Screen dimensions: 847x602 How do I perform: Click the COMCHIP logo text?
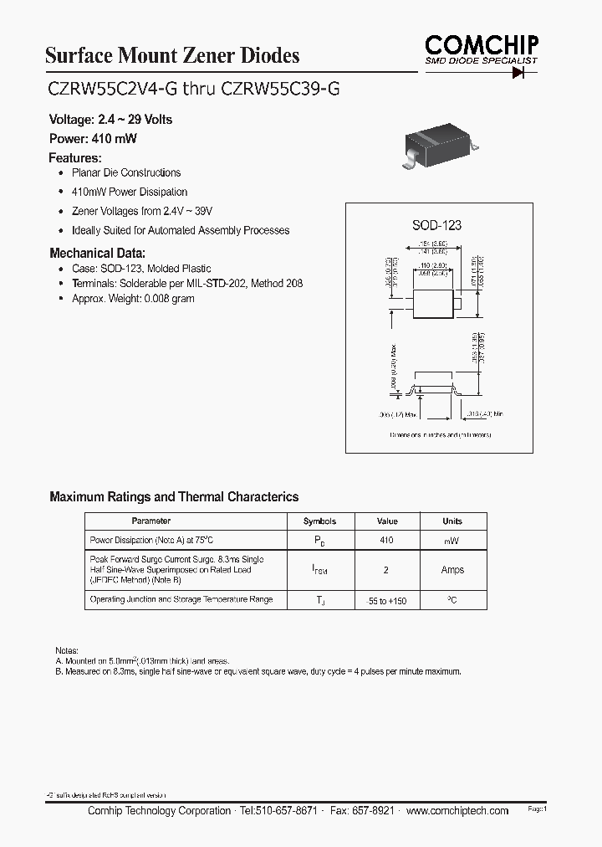(x=481, y=44)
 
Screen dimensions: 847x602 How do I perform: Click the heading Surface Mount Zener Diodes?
(x=171, y=56)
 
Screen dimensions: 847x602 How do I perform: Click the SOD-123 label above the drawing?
(x=436, y=225)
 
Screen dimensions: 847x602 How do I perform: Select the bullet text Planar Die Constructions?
(x=126, y=172)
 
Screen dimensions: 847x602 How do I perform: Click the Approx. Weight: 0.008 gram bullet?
(x=133, y=298)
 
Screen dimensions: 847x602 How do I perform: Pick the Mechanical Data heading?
(x=97, y=253)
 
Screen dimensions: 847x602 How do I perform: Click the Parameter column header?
(x=151, y=521)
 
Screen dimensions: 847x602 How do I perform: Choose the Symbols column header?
(x=319, y=521)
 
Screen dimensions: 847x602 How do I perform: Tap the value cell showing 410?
(x=386, y=541)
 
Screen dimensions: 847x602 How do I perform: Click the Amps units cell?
(x=452, y=570)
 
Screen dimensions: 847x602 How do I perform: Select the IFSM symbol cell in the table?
(x=319, y=571)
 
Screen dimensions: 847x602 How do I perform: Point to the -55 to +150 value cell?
(x=386, y=601)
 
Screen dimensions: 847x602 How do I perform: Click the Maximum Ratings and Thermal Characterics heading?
(x=174, y=496)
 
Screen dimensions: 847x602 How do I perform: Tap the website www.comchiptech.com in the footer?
(x=458, y=810)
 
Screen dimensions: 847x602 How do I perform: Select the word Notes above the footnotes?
(x=66, y=649)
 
